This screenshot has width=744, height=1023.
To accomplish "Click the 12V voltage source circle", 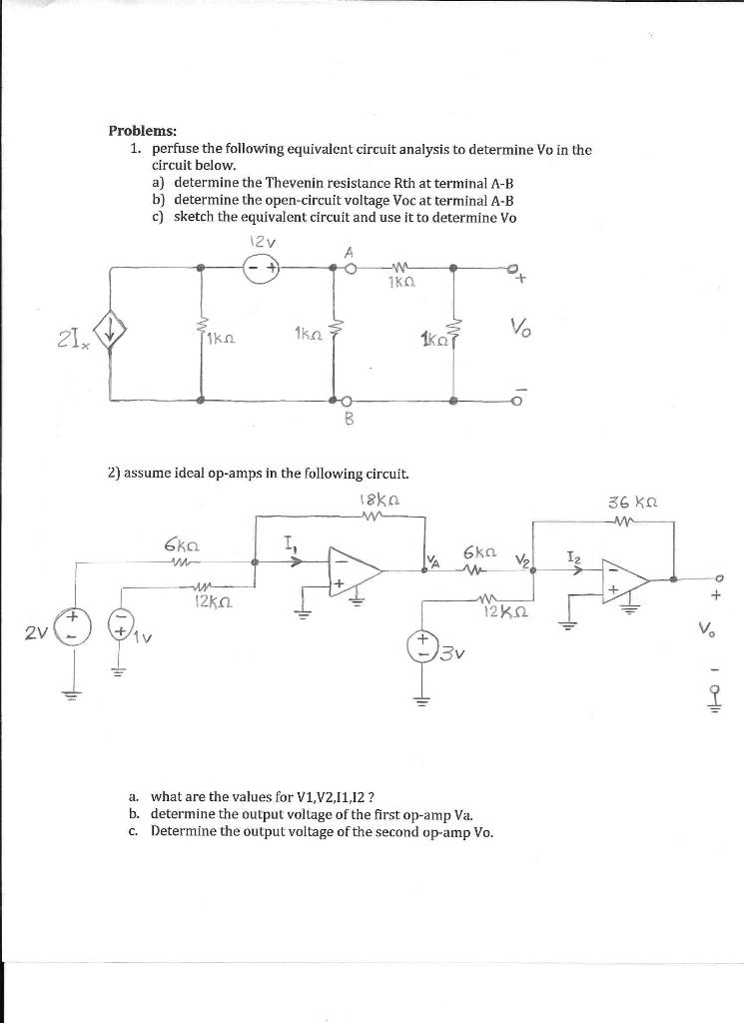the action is click(x=262, y=267).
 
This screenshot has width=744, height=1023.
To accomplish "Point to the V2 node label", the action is click(x=519, y=559).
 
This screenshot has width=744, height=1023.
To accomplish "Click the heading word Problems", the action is click(x=143, y=131).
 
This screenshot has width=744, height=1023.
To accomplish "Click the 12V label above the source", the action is click(x=258, y=240).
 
